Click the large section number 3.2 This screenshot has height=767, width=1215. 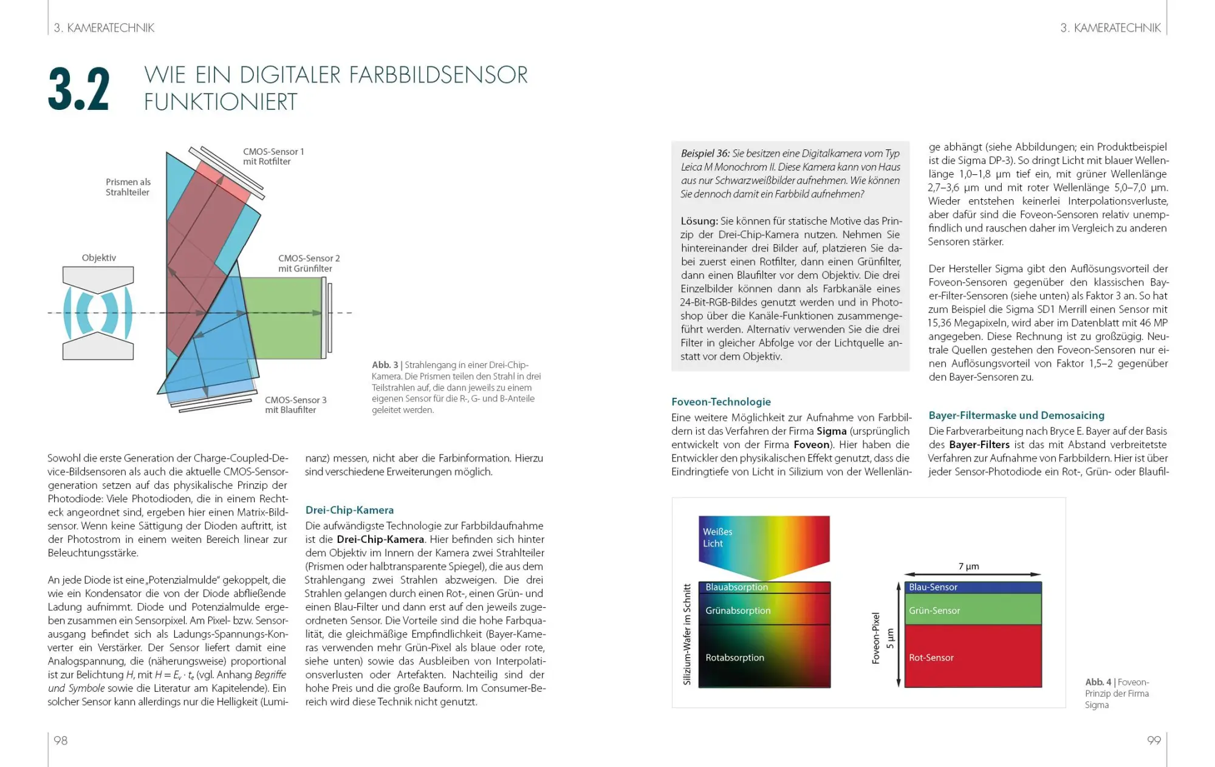[x=79, y=90]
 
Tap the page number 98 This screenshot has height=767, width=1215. [x=61, y=740]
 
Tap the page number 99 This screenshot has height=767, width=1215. [x=1154, y=740]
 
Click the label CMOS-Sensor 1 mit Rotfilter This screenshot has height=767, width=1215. [x=273, y=157]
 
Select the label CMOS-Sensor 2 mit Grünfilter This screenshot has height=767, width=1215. [x=309, y=264]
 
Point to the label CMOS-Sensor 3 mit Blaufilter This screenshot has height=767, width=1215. [x=295, y=405]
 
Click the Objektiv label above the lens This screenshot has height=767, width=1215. [x=99, y=258]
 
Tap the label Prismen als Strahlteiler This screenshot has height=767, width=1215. [x=128, y=187]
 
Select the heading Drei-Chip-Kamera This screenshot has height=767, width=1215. [x=349, y=510]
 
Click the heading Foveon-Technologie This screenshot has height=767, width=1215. [x=720, y=402]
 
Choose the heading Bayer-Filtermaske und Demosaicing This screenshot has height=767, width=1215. [x=1016, y=415]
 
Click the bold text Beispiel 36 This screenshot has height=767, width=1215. [x=705, y=154]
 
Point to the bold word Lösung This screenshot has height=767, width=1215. [x=699, y=221]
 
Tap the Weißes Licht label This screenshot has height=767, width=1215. [x=717, y=537]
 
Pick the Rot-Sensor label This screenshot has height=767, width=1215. [x=931, y=658]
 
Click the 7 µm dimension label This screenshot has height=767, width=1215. [x=969, y=567]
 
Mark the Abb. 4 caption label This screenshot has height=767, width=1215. [x=1098, y=682]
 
